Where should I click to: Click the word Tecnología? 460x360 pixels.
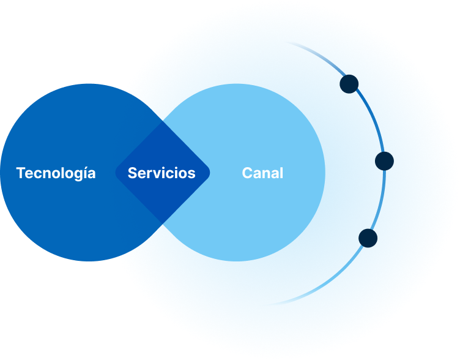[56, 173]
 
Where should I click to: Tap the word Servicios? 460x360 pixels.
[161, 173]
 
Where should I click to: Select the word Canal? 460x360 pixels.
[262, 173]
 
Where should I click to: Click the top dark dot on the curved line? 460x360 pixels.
[349, 84]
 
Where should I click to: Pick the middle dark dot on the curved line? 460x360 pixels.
[384, 161]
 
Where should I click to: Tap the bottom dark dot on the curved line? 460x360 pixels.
[368, 238]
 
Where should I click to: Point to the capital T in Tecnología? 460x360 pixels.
[21, 173]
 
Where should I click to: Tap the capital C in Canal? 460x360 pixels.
[247, 173]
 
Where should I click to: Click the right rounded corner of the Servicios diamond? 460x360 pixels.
[208, 173]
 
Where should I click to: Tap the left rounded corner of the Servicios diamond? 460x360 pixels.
[117, 173]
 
